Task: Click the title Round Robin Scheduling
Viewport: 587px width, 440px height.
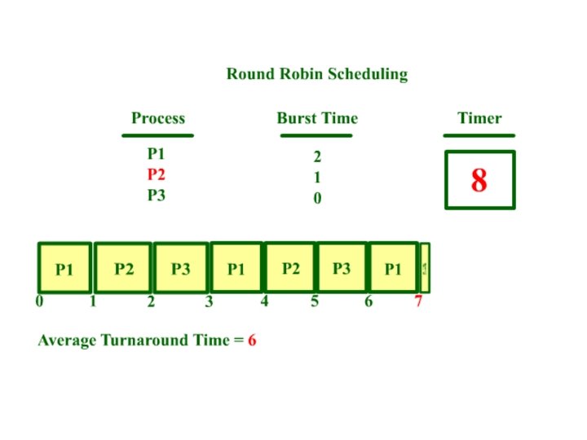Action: pyautogui.click(x=316, y=74)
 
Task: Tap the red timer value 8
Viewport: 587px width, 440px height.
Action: pyautogui.click(x=479, y=180)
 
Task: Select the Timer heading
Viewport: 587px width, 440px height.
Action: pyautogui.click(x=479, y=118)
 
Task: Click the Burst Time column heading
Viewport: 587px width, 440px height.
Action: pyautogui.click(x=317, y=118)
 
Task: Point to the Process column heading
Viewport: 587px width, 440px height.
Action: pyautogui.click(x=158, y=118)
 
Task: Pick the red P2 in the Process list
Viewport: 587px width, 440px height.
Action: pyautogui.click(x=157, y=174)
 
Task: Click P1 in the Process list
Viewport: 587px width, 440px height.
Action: pyautogui.click(x=157, y=153)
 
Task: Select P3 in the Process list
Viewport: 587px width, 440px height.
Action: pyautogui.click(x=157, y=196)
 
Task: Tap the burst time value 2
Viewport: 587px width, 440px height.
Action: pyautogui.click(x=317, y=157)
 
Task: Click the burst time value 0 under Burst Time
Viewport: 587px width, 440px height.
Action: pyautogui.click(x=317, y=199)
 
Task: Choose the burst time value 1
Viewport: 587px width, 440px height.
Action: pyautogui.click(x=317, y=178)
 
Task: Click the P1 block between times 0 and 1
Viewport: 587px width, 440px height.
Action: pyautogui.click(x=64, y=269)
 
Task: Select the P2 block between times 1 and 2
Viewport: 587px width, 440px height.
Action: pyautogui.click(x=124, y=268)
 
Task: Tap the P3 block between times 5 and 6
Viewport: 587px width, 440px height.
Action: pyautogui.click(x=342, y=267)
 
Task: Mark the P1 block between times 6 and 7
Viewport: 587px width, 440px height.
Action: pyautogui.click(x=393, y=269)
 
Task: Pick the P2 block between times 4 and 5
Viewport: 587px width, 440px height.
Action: pyautogui.click(x=290, y=267)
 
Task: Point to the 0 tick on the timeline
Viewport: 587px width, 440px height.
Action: pyautogui.click(x=39, y=301)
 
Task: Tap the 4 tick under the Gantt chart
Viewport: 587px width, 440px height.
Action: pyautogui.click(x=264, y=301)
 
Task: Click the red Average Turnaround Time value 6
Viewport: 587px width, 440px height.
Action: pyautogui.click(x=253, y=341)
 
